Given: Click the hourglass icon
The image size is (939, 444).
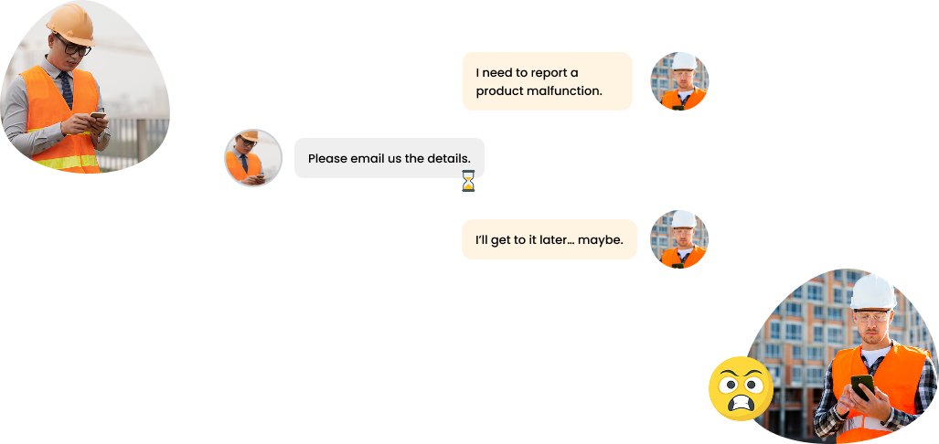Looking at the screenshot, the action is coord(468,181).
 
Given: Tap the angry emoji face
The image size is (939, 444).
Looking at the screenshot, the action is coord(741,388).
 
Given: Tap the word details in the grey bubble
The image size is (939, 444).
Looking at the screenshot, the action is coord(449,159).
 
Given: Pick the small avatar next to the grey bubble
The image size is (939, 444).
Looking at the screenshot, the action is coord(253,158).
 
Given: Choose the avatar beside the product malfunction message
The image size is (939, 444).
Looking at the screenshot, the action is coord(679,81).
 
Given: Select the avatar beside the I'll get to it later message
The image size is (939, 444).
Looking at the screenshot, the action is coord(679,239).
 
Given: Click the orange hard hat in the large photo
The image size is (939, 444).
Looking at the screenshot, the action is coord(71,24).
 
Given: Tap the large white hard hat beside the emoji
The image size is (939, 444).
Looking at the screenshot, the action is coord(873,292).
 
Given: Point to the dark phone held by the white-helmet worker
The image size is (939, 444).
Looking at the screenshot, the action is coord(862,386).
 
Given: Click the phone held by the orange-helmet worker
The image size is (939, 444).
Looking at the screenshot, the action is coord(98,116).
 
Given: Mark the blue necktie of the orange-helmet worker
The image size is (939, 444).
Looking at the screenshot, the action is coord(66,90).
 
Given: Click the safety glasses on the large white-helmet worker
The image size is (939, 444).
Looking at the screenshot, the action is coord(872,316).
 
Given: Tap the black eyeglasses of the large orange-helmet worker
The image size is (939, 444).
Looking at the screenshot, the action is coord(73,46).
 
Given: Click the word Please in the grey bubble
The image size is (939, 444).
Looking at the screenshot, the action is coord(327,159).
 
